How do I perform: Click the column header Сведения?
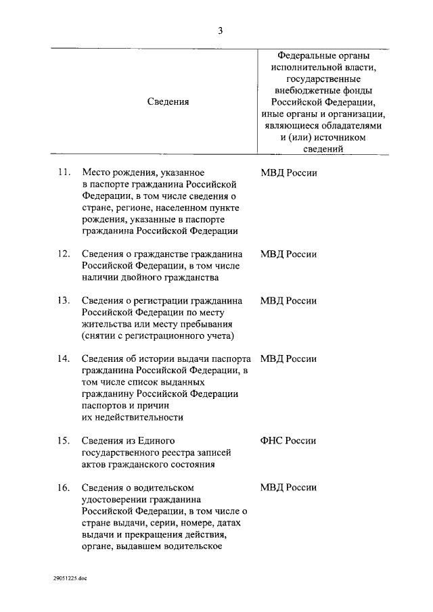tap(168, 101)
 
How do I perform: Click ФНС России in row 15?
tap(288, 441)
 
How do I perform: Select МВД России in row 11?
tap(288, 172)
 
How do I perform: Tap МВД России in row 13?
tap(288, 301)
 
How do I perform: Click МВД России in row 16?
tap(288, 488)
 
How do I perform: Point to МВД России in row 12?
tap(288, 254)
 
